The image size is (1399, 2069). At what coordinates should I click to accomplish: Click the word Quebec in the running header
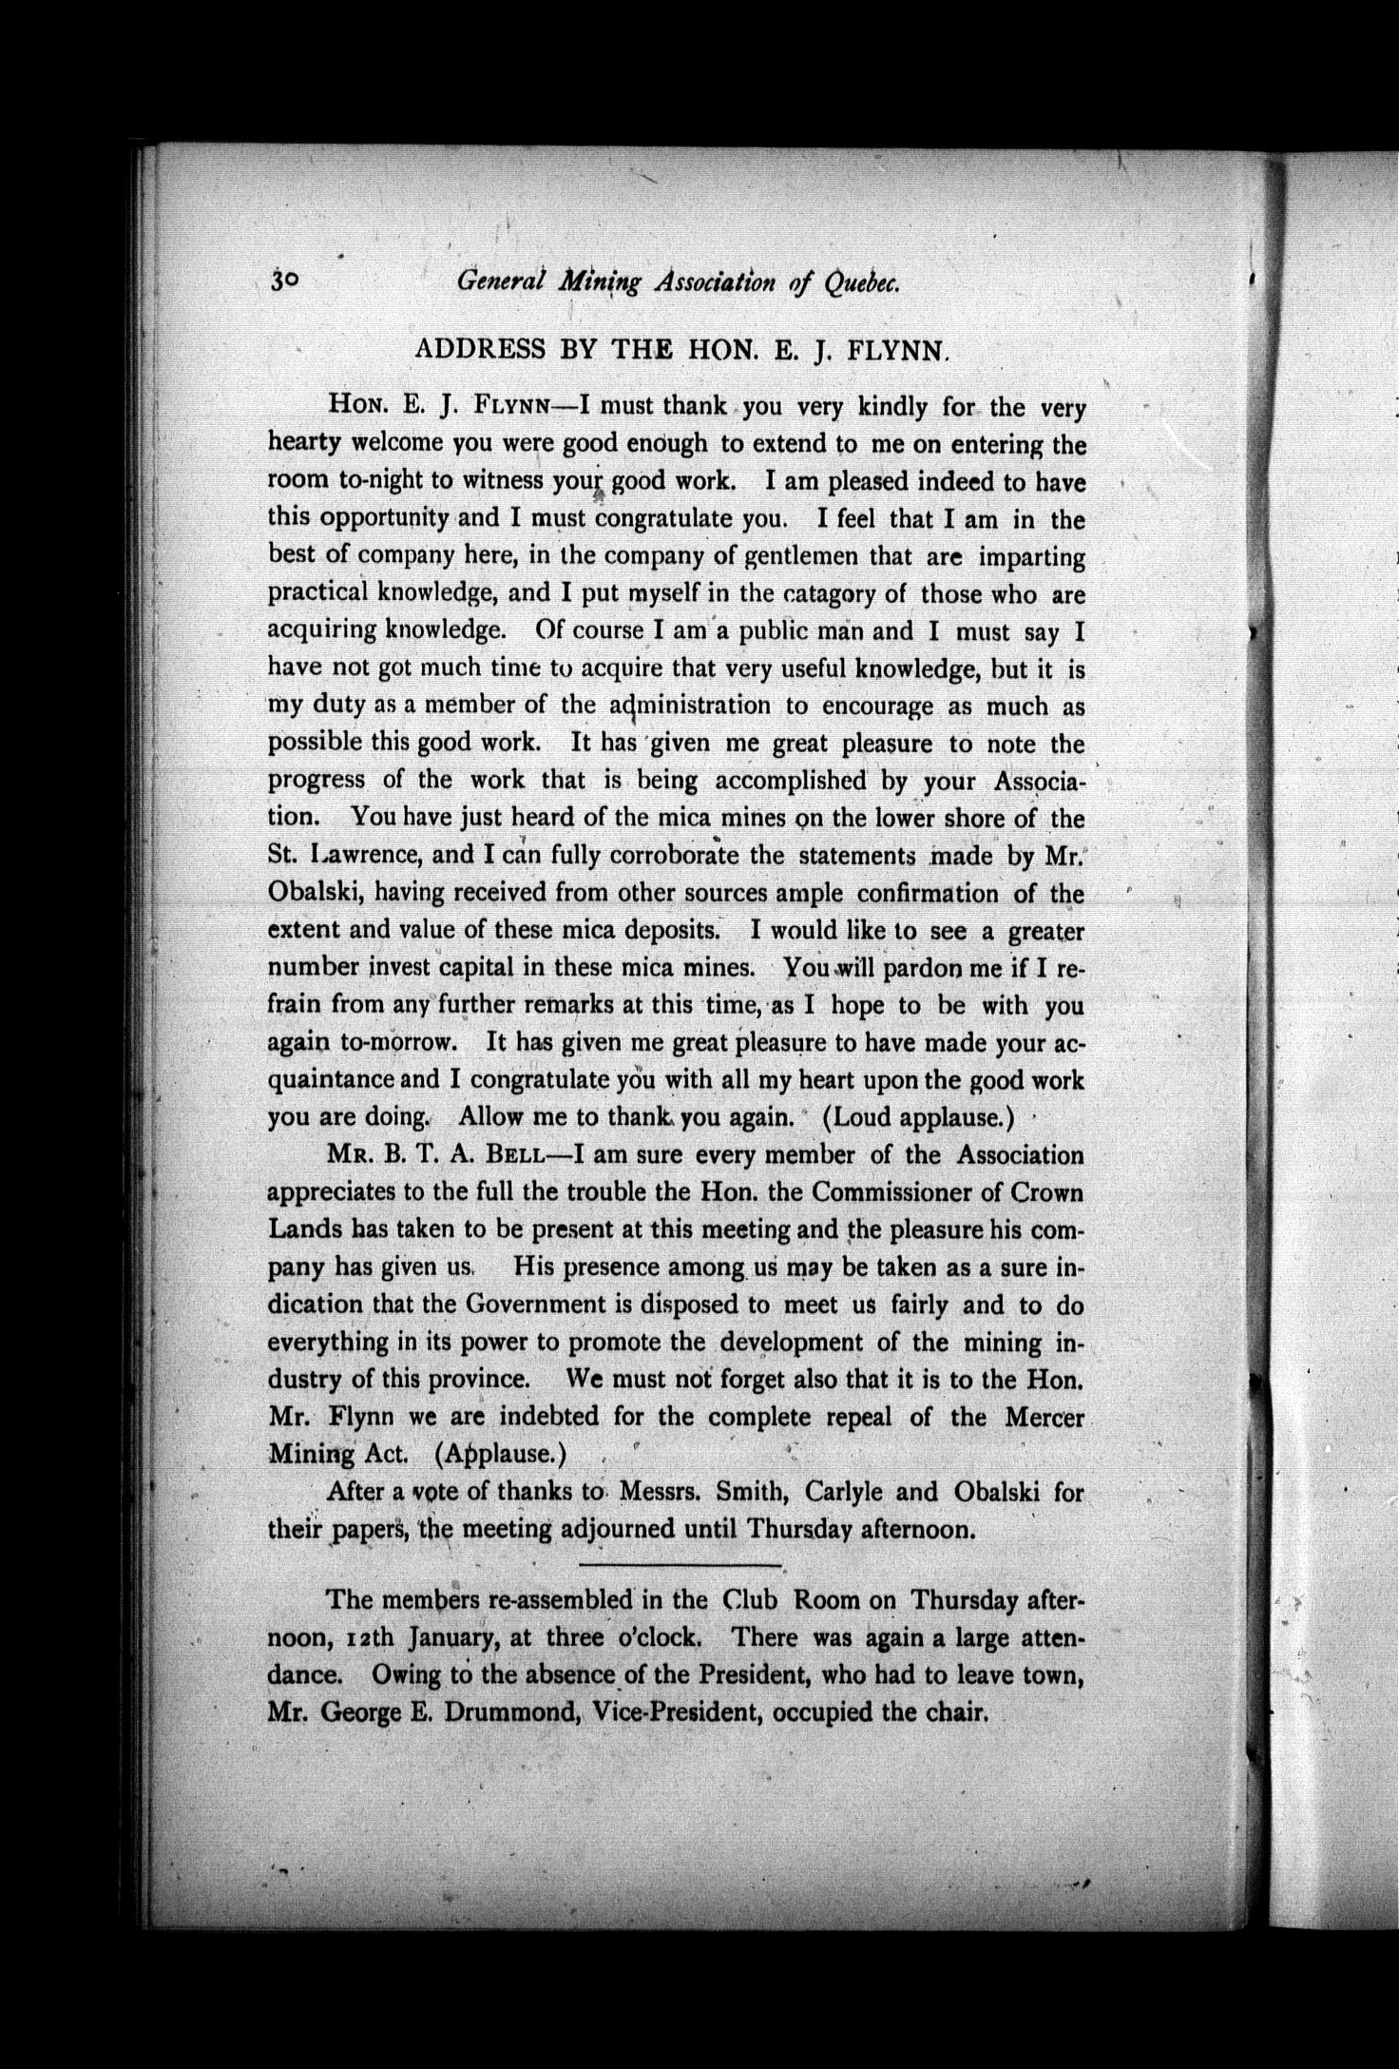(861, 282)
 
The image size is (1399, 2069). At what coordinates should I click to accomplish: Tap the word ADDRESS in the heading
(481, 349)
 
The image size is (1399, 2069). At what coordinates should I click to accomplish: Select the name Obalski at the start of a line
(315, 893)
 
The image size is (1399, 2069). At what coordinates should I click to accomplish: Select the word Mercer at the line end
(1044, 1417)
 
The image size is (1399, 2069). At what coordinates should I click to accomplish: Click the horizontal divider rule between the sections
(679, 1564)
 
